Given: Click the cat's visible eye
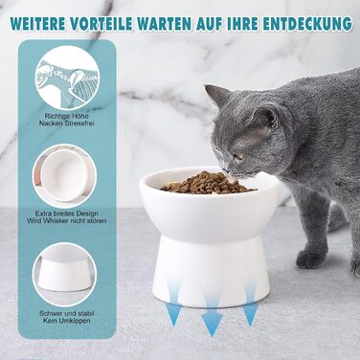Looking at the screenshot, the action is pos(238,156).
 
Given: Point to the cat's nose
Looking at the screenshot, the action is pos(226,169).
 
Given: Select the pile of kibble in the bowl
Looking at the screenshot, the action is pos(208,183).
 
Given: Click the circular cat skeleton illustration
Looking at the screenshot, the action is pos(67,78).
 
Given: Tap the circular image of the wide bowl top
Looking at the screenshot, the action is pos(65,176).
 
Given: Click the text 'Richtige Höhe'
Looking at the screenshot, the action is pos(67,116).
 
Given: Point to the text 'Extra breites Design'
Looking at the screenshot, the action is pos(67,214).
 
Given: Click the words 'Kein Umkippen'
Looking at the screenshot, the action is pos(67,321).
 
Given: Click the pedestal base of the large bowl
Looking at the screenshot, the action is pos(211,271).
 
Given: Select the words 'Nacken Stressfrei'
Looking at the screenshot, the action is pos(67,123).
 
